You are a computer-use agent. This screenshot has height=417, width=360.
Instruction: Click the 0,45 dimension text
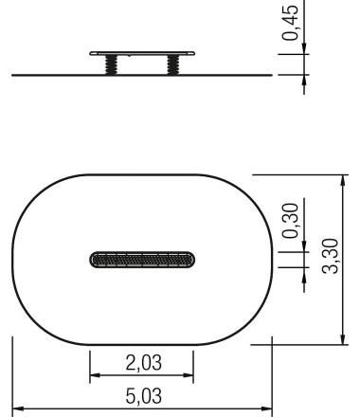pos(290,22)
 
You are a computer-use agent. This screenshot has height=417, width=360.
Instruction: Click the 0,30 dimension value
pos(290,221)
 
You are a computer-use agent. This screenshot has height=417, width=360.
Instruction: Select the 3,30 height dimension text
pos(330,256)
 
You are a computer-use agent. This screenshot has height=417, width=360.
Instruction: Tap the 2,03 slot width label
pos(144,363)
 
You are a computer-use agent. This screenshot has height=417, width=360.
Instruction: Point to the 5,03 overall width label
pos(144,396)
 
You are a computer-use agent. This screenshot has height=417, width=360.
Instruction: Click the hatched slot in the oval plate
pos(142,260)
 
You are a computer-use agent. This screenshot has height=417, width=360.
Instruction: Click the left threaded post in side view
pos(111,64)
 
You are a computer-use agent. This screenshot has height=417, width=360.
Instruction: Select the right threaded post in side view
pos(172,64)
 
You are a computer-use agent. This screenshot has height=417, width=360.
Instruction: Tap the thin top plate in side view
pos(142,53)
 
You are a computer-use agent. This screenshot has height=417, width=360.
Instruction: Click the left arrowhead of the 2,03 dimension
pos(95,375)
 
